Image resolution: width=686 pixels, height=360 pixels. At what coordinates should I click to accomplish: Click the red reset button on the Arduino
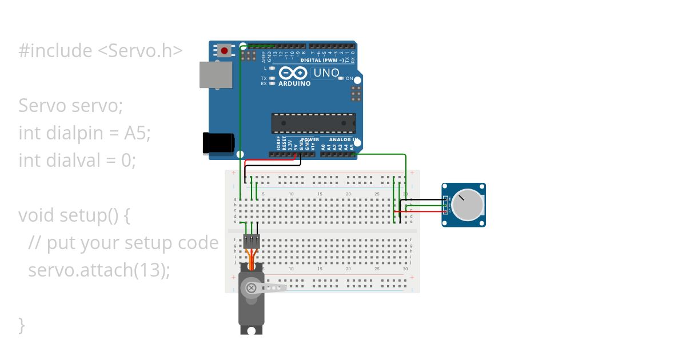[224, 51]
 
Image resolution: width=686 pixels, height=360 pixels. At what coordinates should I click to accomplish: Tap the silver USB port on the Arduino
[216, 75]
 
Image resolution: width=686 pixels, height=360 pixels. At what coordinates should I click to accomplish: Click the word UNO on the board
[326, 73]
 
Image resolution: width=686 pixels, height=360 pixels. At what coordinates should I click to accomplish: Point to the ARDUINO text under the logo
[294, 84]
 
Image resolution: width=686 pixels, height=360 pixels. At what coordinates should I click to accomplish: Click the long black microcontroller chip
[313, 123]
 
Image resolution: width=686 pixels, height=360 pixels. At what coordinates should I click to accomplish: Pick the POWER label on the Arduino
[310, 139]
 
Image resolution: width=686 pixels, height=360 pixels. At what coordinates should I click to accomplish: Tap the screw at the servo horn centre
[251, 288]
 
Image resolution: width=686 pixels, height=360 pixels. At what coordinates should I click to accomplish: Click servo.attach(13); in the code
[99, 270]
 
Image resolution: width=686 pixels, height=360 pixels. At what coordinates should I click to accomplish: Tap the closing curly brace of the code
[22, 325]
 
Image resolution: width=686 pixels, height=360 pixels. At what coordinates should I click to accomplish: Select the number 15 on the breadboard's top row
[320, 194]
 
